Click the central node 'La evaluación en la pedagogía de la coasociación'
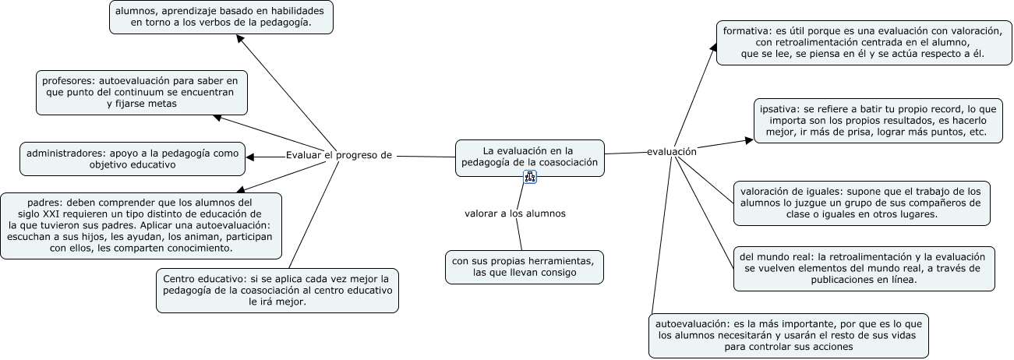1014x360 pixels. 529,156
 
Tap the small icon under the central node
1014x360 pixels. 530,177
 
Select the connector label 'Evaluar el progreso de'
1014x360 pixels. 338,154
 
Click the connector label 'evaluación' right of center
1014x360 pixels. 671,152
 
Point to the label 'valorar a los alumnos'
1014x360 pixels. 514,213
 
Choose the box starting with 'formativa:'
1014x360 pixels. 861,42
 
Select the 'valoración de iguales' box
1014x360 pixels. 861,203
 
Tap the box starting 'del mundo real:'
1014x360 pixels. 864,268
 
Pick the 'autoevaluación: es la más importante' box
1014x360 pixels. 789,335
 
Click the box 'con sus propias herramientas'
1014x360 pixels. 525,267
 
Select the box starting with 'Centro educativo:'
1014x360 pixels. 277,290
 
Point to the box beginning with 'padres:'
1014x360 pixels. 141,225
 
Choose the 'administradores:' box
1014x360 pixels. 132,158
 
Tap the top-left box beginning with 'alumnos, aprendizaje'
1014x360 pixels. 221,16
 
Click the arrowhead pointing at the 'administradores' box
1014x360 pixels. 251,157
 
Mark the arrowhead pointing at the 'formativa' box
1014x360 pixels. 712,48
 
